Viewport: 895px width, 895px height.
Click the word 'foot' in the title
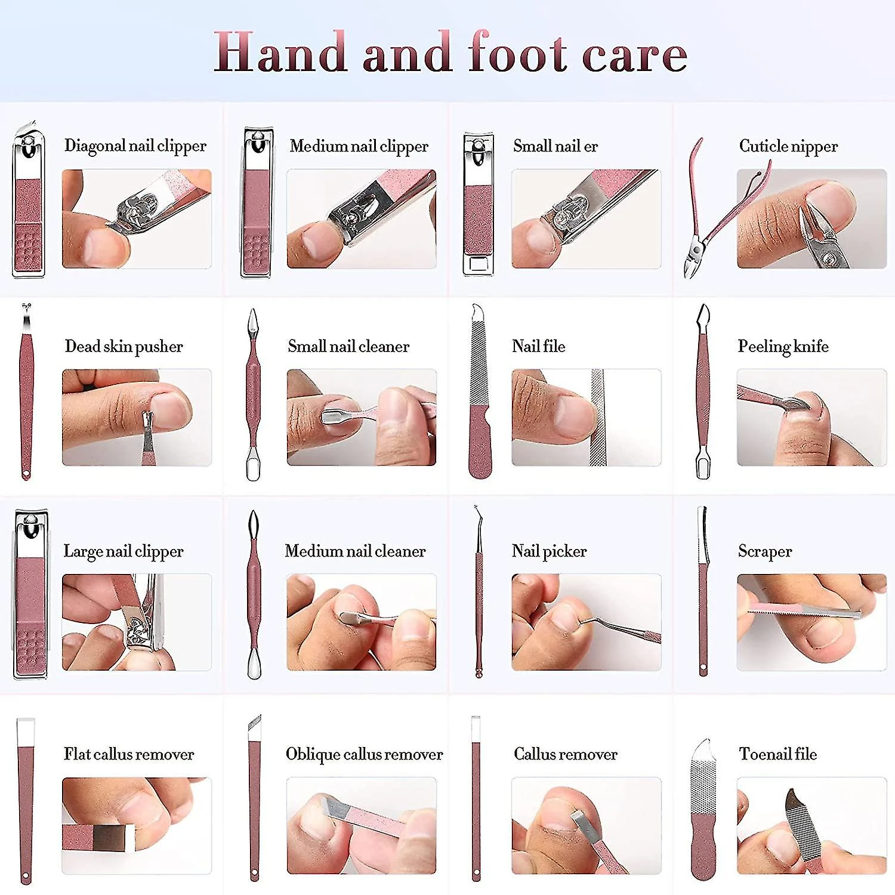(x=518, y=53)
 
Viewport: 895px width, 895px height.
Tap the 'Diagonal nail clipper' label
(x=135, y=146)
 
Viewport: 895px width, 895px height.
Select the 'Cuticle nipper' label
(x=788, y=146)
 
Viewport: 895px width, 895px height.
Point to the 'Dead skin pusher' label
(x=124, y=346)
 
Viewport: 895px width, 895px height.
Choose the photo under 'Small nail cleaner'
(x=362, y=417)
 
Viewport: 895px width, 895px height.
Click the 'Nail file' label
(x=538, y=346)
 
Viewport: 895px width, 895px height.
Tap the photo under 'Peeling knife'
(x=811, y=417)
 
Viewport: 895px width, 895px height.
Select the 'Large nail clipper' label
(x=124, y=551)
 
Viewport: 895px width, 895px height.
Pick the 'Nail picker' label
(x=550, y=551)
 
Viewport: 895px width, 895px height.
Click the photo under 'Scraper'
(x=811, y=622)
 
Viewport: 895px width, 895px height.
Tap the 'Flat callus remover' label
(x=129, y=754)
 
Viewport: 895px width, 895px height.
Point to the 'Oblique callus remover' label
(x=365, y=755)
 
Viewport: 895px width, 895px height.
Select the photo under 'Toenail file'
(x=811, y=826)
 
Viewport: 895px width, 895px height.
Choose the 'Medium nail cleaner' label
(x=356, y=551)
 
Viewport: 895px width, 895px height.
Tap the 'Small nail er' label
(x=555, y=146)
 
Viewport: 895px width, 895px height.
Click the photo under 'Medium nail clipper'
(x=362, y=218)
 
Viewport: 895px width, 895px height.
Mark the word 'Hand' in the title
(x=280, y=53)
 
